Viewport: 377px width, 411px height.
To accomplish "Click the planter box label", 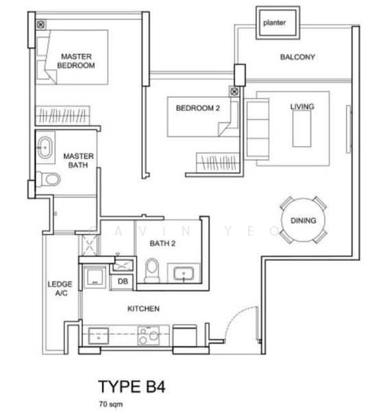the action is pyautogui.click(x=274, y=23).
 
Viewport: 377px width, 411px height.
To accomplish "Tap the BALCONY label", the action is pyautogui.click(x=297, y=57).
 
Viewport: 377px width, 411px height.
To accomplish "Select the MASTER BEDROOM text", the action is pyautogui.click(x=76, y=61).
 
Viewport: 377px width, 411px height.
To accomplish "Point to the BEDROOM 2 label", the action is pyautogui.click(x=197, y=108).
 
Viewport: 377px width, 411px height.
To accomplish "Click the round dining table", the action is pyautogui.click(x=303, y=220).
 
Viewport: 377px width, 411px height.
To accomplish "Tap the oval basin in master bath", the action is pyautogui.click(x=45, y=147).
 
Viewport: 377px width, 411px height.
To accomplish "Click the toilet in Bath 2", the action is pyautogui.click(x=152, y=271).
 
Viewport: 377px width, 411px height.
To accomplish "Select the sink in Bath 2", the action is pyautogui.click(x=184, y=273).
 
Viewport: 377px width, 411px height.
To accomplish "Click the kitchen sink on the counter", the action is pyautogui.click(x=99, y=336).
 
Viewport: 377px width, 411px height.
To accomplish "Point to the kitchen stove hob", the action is pyautogui.click(x=149, y=336).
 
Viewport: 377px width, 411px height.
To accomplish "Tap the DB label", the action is pyautogui.click(x=123, y=282).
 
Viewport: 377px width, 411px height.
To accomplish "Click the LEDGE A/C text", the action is pyautogui.click(x=60, y=288).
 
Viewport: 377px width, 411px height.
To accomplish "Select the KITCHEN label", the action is pyautogui.click(x=143, y=309).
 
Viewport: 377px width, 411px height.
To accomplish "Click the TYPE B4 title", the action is pyautogui.click(x=132, y=386).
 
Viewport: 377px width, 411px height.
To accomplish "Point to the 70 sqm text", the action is pyautogui.click(x=111, y=404).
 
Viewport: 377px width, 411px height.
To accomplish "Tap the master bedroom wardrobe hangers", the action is pyautogui.click(x=62, y=115).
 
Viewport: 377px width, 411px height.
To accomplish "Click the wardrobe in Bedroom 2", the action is pyautogui.click(x=218, y=162).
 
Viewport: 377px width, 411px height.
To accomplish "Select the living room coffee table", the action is pyautogui.click(x=302, y=129).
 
